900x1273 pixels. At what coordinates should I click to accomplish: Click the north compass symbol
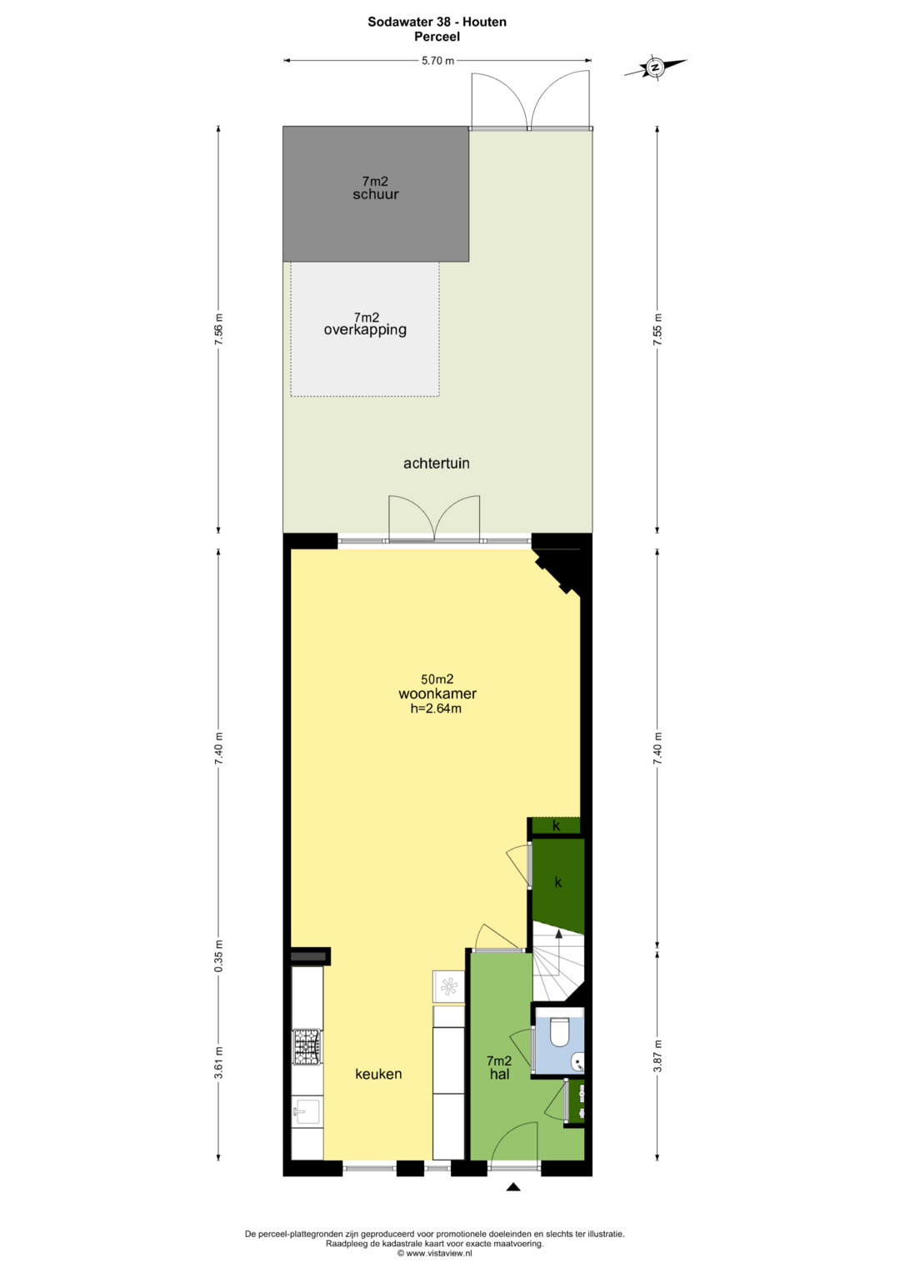coord(655,67)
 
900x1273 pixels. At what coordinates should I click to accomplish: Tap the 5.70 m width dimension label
coord(437,61)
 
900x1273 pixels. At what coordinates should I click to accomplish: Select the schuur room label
coord(376,194)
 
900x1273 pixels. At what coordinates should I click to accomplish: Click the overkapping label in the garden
coord(365,330)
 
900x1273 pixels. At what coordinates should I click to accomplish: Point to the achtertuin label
coord(437,464)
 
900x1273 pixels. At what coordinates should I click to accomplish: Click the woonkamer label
coord(437,694)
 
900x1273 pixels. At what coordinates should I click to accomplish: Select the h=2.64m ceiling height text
coord(436,709)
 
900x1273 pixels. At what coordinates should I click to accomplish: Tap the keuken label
coord(378,1074)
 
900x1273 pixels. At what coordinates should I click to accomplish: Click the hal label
coord(499,1074)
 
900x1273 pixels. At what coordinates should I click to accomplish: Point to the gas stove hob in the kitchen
coord(307,1046)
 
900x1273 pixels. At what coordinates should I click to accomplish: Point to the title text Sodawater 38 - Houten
coord(437,23)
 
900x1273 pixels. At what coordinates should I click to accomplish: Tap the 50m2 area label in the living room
coord(437,679)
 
